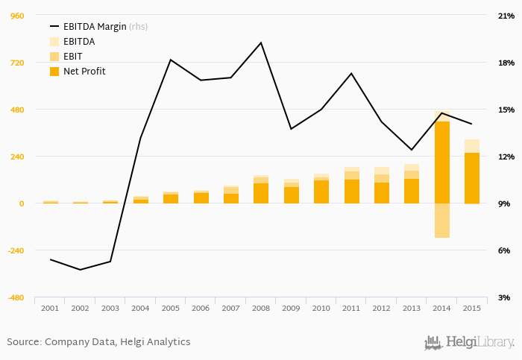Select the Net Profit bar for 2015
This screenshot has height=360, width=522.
[x=471, y=178]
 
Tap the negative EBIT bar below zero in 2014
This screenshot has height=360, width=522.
[x=441, y=221]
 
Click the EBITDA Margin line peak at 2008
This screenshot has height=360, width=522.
[x=261, y=42]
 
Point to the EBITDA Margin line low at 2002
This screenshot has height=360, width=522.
[x=81, y=269]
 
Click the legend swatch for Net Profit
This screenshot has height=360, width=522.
[x=54, y=72]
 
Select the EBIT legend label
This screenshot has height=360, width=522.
[x=73, y=57]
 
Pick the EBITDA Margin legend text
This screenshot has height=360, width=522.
[x=95, y=27]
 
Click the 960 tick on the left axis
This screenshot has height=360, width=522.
[x=16, y=16]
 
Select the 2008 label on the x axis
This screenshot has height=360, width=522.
[x=261, y=308]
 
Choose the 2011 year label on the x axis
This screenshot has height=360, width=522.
[x=351, y=308]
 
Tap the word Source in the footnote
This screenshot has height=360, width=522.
[x=23, y=342]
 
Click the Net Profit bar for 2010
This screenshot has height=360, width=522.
[x=321, y=192]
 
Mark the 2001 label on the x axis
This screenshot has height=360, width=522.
[x=50, y=308]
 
